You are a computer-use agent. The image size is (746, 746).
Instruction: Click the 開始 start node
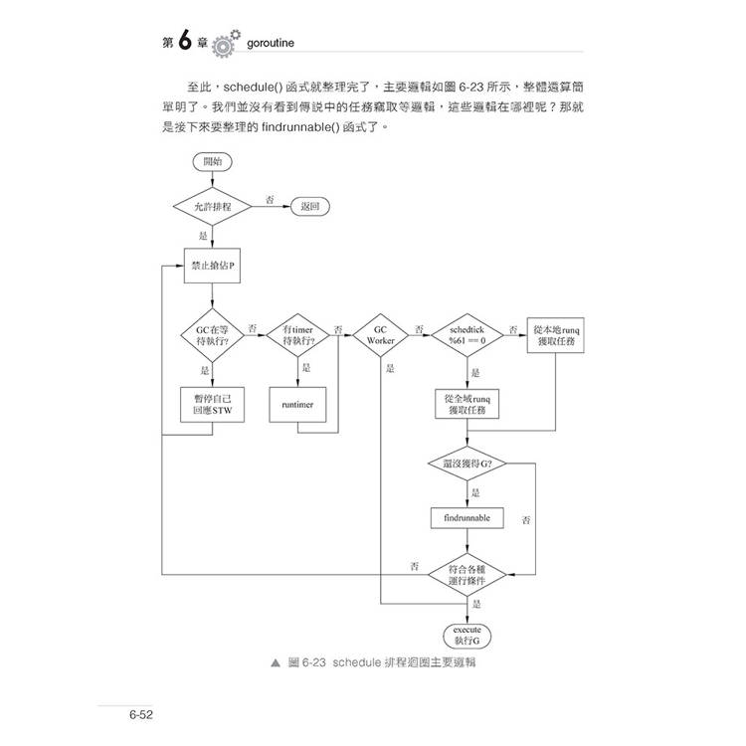point(212,160)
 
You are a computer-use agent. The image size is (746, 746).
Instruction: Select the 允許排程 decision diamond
point(212,207)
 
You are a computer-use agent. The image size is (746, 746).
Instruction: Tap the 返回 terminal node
point(308,207)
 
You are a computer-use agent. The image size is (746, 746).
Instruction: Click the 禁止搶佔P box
point(212,266)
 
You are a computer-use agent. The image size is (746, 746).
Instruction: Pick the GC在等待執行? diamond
point(212,335)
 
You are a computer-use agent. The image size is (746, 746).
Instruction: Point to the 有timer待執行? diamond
point(298,335)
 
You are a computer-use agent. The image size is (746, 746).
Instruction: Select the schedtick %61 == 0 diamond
point(466,335)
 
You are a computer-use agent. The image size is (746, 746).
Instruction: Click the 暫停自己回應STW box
point(212,406)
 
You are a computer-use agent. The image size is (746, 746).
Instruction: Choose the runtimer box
point(298,406)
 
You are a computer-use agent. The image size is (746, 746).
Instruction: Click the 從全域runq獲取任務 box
point(466,406)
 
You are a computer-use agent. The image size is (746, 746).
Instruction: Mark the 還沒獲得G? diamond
point(466,464)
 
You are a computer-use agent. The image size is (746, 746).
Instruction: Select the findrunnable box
point(466,518)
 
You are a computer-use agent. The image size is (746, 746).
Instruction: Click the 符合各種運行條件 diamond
point(466,574)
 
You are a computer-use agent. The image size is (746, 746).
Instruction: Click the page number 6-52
point(138,715)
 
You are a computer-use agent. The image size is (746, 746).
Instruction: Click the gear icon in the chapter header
point(225,45)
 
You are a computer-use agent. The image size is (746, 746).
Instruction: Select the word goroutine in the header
point(279,44)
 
